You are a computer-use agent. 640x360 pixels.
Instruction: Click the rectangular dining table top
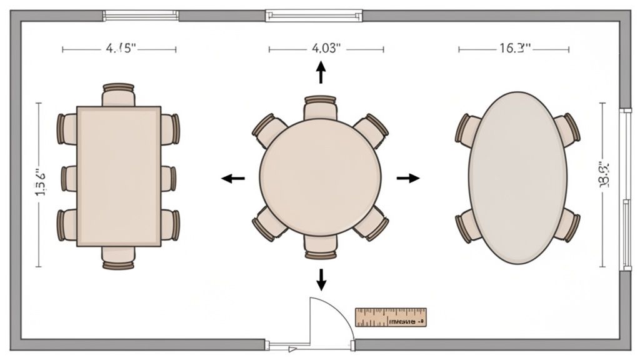click(119, 176)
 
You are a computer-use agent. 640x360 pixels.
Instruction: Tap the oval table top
click(517, 177)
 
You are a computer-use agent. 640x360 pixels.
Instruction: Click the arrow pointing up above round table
click(321, 72)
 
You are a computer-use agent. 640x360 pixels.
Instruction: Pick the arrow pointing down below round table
click(321, 279)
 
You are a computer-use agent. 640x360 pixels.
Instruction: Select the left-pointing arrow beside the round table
click(233, 179)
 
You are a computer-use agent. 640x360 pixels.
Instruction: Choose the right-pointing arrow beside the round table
click(408, 178)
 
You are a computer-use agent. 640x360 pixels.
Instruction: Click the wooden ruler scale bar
click(391, 317)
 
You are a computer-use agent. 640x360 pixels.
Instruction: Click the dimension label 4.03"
click(326, 49)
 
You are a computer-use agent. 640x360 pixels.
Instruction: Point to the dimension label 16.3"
click(514, 49)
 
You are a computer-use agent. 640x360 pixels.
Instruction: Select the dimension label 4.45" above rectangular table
click(121, 49)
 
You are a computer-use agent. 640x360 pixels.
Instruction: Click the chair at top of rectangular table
click(119, 94)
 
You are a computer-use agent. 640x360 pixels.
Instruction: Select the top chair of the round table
click(320, 107)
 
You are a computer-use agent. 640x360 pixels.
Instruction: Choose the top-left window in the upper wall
click(141, 15)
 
